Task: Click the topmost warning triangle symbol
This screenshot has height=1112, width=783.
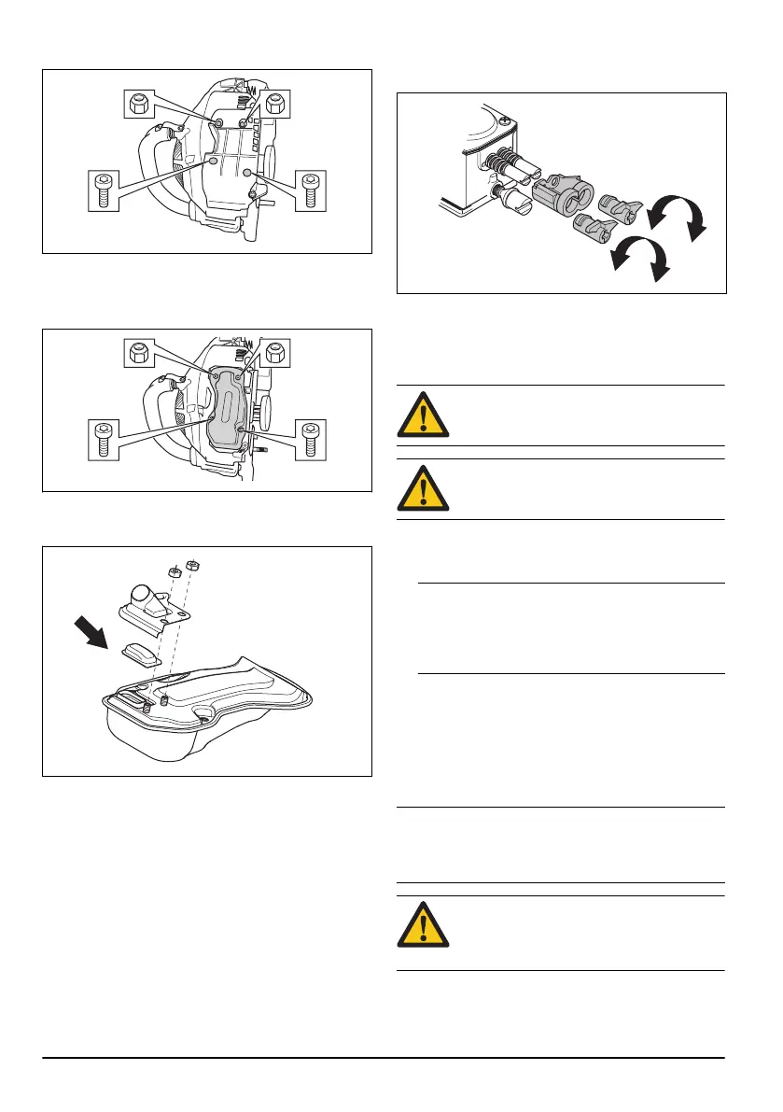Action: click(423, 415)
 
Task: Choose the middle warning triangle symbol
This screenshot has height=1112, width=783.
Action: click(423, 488)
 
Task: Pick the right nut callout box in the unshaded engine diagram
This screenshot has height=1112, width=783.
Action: click(276, 103)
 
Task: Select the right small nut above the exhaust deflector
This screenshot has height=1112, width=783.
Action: click(190, 564)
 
